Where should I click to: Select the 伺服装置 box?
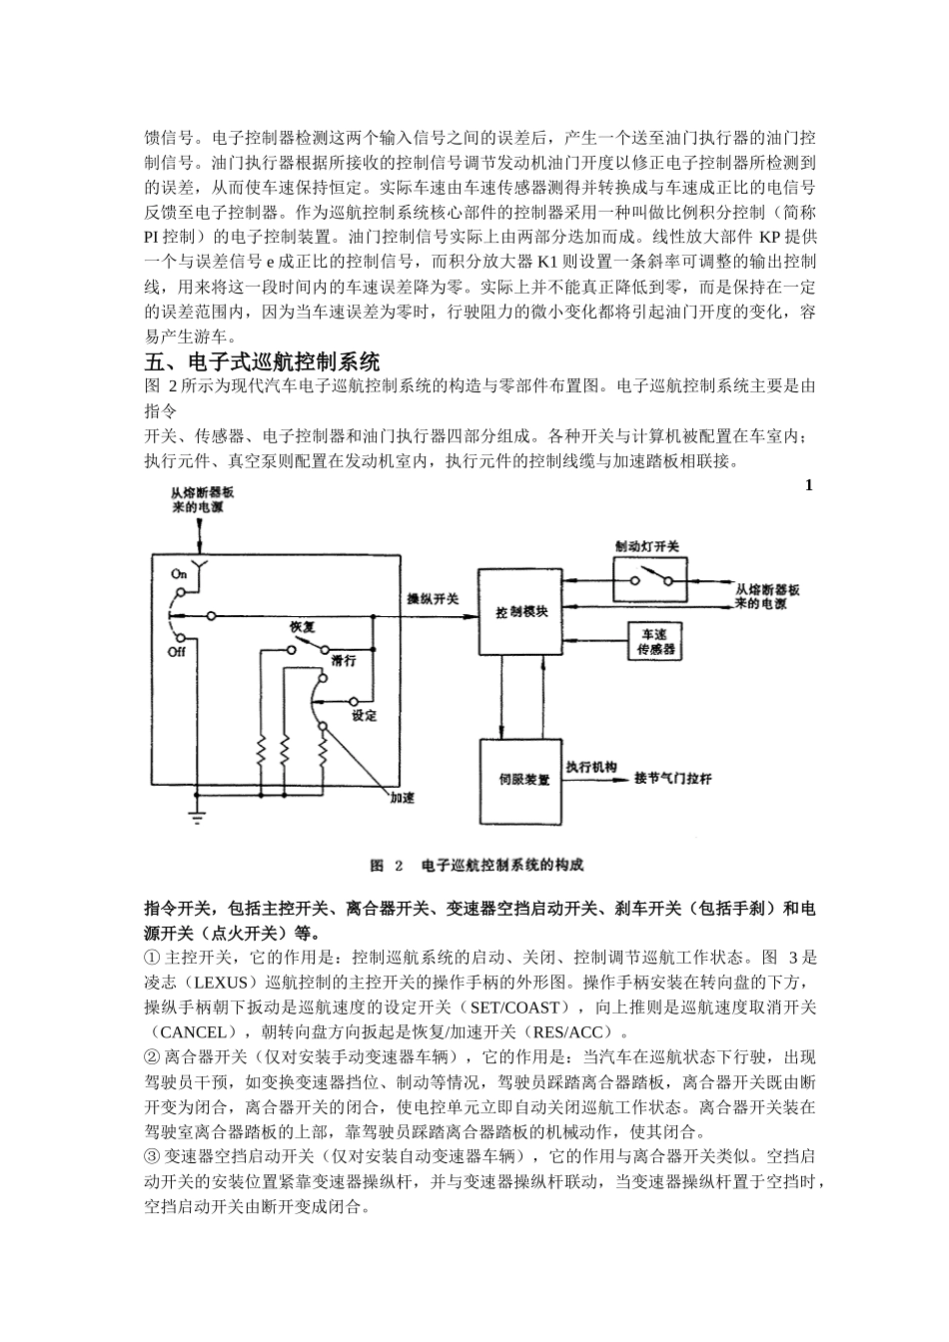pyautogui.click(x=521, y=780)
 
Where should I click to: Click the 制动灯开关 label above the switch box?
pyautogui.click(x=646, y=546)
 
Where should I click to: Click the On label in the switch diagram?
pyautogui.click(x=179, y=574)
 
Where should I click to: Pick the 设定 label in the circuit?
pyautogui.click(x=364, y=715)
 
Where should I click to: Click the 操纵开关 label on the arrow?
pyautogui.click(x=433, y=599)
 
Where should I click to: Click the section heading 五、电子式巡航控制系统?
pyautogui.click(x=262, y=360)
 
